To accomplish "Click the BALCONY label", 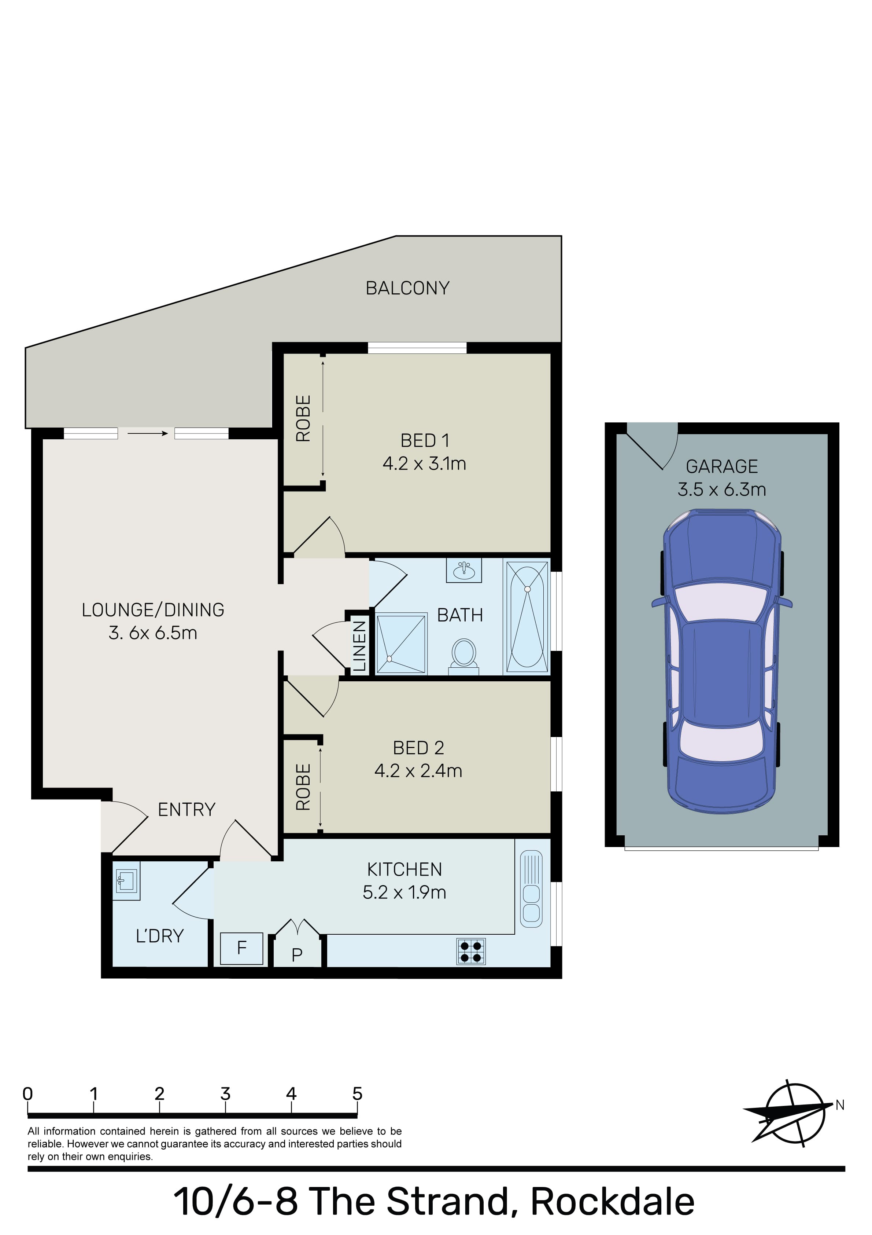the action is coord(407,288).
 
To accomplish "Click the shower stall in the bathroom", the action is coord(401,644).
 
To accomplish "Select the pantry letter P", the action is coord(297,955).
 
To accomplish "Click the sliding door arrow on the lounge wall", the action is coord(147,433).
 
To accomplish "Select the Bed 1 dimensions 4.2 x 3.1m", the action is coord(424,463).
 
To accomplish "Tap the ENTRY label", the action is coord(186,810).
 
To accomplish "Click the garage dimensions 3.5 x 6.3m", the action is coord(721,490).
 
